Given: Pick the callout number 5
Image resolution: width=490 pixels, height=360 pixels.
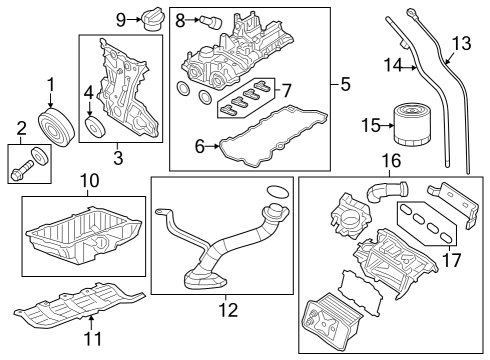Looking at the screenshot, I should click(x=345, y=85).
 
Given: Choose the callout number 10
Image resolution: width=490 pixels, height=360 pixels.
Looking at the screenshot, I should click(x=90, y=181).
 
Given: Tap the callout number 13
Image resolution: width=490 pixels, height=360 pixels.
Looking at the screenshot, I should click(x=461, y=43).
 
